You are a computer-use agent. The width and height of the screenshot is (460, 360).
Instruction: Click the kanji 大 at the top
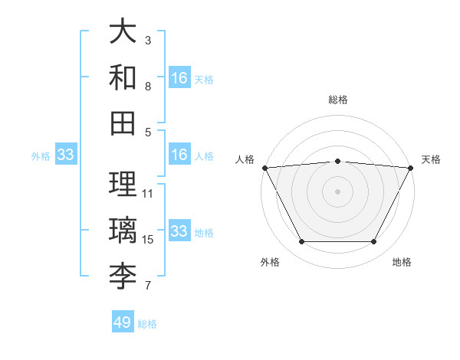click(x=123, y=32)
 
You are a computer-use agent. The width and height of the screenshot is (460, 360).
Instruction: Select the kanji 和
click(x=123, y=77)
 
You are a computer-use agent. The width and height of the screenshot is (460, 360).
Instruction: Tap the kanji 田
click(x=123, y=122)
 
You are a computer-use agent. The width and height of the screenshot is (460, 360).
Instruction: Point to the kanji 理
click(x=123, y=184)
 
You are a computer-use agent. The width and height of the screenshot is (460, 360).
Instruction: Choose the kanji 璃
click(x=123, y=230)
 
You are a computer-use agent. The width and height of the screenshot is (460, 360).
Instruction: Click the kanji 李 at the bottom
click(x=123, y=275)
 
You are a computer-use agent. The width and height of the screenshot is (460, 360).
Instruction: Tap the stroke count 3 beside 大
click(x=148, y=40)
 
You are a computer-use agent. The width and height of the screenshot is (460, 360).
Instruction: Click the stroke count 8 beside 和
click(x=148, y=87)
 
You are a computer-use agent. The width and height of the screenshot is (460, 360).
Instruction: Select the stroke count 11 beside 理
click(x=148, y=194)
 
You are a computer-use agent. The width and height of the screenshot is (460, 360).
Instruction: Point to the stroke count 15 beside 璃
click(x=148, y=240)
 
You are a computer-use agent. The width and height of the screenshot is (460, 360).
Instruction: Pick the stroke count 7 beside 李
click(x=148, y=286)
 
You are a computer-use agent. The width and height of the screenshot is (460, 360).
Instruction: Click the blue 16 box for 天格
click(x=179, y=77)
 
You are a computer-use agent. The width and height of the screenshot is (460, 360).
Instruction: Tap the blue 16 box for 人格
click(x=179, y=155)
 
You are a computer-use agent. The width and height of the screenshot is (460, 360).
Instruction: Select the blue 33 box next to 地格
click(x=179, y=231)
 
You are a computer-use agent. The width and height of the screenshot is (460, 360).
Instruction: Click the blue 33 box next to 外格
click(x=66, y=155)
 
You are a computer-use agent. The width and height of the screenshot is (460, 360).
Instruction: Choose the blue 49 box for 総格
click(x=123, y=322)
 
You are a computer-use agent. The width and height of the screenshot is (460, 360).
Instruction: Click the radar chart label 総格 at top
click(x=338, y=100)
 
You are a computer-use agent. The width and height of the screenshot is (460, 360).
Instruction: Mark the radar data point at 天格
click(x=412, y=168)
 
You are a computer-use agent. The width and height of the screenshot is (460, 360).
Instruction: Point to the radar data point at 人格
click(x=264, y=168)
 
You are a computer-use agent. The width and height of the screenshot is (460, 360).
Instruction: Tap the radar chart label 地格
click(x=402, y=262)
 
